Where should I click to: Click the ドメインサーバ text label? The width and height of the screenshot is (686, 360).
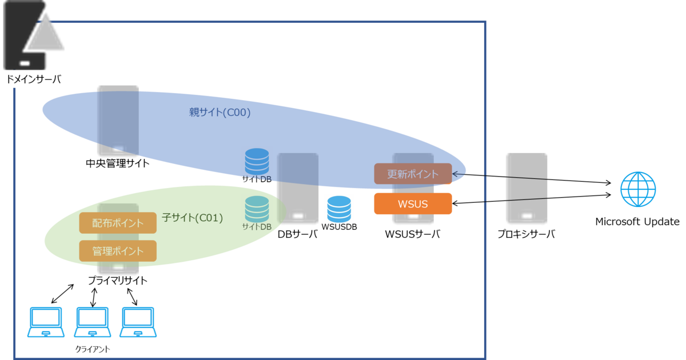pos(34,79)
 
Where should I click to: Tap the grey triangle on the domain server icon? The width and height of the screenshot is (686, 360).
pos(46,34)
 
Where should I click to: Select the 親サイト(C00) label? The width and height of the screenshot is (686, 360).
pos(220,113)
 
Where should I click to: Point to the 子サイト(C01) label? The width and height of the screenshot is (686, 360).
pos(193,218)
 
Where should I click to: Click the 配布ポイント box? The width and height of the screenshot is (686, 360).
pos(118,223)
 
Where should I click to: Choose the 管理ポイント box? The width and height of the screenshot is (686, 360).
pos(118,251)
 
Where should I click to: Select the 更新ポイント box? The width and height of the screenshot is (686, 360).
pos(413,174)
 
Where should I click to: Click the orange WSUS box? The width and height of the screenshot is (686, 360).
pos(413,204)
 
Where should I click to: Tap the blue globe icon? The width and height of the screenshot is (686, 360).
pos(639,189)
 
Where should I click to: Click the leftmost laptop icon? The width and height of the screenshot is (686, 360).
pos(46,322)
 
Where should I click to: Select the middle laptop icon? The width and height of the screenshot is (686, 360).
pos(93,322)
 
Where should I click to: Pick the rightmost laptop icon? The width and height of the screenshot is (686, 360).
pos(138,322)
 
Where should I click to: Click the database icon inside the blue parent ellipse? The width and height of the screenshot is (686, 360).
pos(257,162)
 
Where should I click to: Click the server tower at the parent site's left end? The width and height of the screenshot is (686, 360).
pos(118,121)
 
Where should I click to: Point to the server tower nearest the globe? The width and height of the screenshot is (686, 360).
pos(527,189)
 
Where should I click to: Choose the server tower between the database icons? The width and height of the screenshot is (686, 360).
pos(297,189)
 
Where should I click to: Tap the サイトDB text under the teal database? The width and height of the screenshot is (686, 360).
pos(257,227)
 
